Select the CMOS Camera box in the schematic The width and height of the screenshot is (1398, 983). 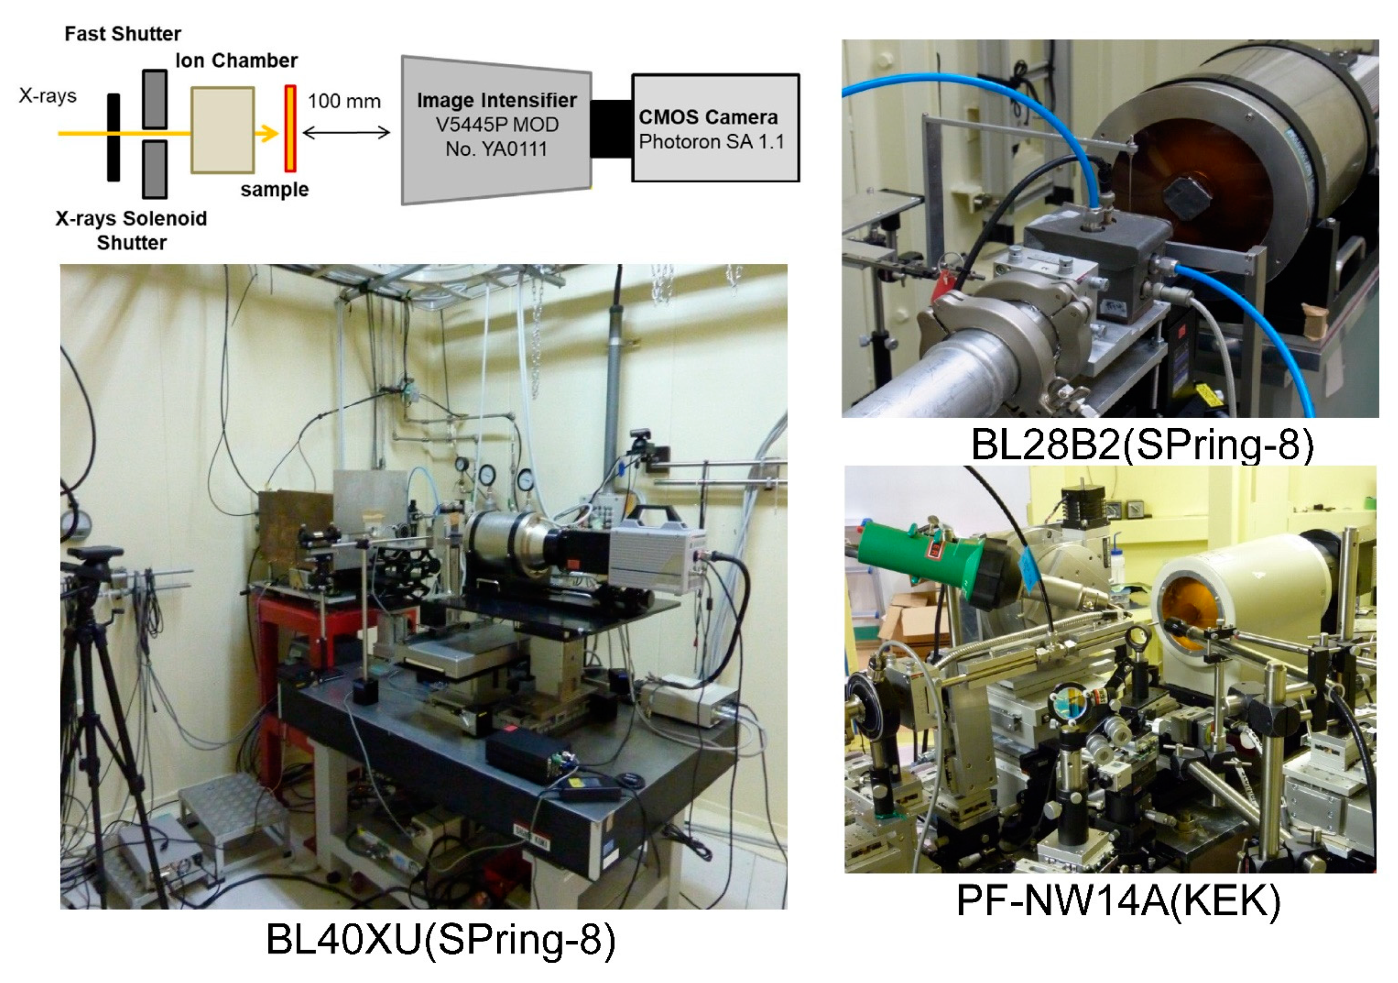715,128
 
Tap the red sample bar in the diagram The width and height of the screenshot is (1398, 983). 290,128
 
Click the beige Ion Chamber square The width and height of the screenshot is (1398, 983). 222,130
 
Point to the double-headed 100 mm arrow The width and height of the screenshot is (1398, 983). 346,133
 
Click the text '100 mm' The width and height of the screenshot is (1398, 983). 344,101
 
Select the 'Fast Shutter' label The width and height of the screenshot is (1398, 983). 122,33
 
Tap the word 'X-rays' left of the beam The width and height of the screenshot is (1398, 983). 48,96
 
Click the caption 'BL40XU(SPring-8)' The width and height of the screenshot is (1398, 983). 441,939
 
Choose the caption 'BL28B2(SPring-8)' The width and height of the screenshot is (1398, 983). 1142,445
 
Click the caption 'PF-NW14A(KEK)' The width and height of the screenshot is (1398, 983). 1119,900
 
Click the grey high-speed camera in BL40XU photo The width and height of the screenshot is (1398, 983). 655,560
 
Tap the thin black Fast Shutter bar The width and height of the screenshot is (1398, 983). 113,137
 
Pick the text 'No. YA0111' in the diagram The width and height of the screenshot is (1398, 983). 496,149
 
